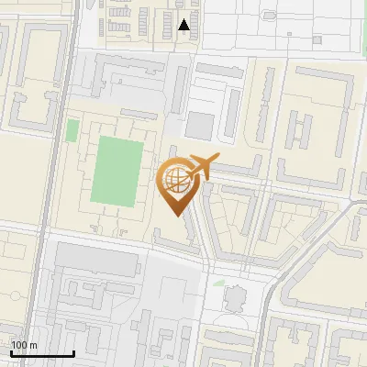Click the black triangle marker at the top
pyautogui.click(x=185, y=25)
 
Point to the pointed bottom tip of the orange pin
pyautogui.click(x=175, y=217)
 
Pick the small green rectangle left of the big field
pyautogui.click(x=72, y=130)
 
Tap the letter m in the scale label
pyautogui.click(x=34, y=346)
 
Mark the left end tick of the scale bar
pyautogui.click(x=11, y=352)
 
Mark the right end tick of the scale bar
pyautogui.click(x=74, y=352)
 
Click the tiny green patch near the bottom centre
pyautogui.click(x=218, y=283)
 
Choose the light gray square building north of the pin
pyautogui.click(x=200, y=126)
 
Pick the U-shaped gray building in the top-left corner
pyautogui.click(x=40, y=55)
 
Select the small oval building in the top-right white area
pyautogui.click(x=317, y=39)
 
